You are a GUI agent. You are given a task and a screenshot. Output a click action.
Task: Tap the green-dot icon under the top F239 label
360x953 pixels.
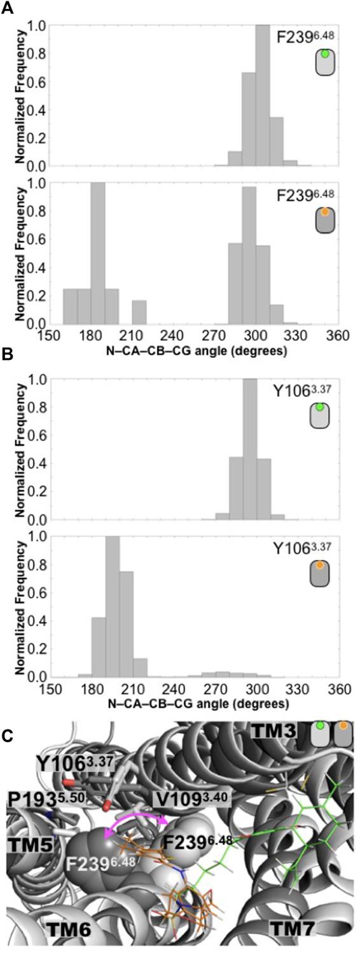pyautogui.click(x=325, y=62)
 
